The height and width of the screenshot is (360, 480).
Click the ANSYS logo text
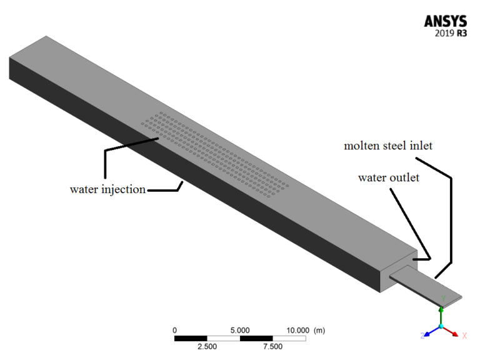444,21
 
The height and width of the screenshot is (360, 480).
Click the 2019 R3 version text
451,35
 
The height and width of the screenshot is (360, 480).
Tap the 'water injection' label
107,189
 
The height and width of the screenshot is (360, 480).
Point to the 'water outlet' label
387,177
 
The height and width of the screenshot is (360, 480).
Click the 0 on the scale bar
175,329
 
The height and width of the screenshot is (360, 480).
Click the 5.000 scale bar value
240,329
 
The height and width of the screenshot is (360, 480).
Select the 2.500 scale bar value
207,347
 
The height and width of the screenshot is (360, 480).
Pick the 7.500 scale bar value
272,347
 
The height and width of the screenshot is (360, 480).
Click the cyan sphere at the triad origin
442,326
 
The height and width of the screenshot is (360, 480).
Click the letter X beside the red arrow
464,336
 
